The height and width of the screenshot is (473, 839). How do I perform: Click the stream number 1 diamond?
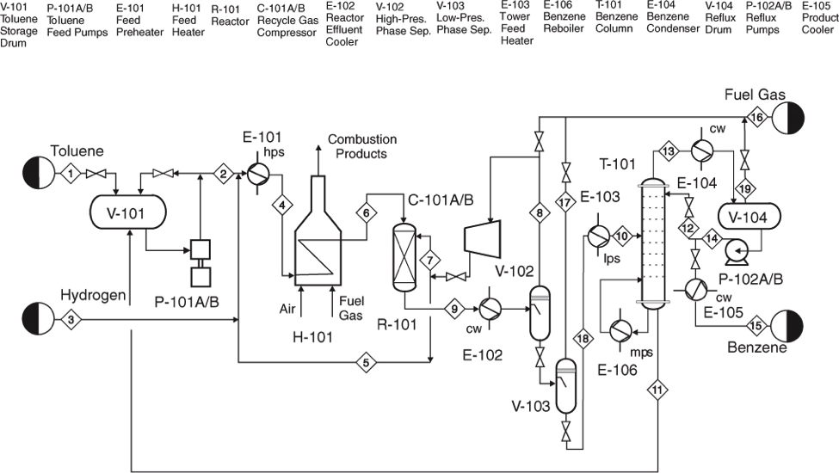click(71, 173)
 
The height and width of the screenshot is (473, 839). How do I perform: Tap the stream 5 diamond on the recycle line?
click(366, 363)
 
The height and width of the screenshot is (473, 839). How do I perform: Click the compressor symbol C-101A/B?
click(483, 238)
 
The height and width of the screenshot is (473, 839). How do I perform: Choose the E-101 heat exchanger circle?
click(258, 174)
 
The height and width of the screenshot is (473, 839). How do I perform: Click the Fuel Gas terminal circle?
click(788, 118)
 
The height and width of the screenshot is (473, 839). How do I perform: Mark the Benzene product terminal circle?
click(787, 325)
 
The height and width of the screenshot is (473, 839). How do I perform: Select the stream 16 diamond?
click(757, 118)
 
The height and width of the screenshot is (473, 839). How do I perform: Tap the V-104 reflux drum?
click(748, 217)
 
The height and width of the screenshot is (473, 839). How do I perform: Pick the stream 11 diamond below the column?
click(657, 390)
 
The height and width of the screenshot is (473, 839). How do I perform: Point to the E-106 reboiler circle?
click(620, 331)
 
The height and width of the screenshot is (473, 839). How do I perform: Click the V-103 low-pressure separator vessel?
click(566, 385)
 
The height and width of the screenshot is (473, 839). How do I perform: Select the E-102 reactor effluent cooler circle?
click(490, 309)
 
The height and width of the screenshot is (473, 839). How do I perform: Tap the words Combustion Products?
click(362, 146)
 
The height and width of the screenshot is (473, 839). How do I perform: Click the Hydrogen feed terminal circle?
click(39, 319)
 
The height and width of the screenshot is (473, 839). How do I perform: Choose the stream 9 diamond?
click(454, 309)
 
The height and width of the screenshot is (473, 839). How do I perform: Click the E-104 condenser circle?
click(701, 151)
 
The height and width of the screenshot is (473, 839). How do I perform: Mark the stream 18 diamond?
click(583, 339)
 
